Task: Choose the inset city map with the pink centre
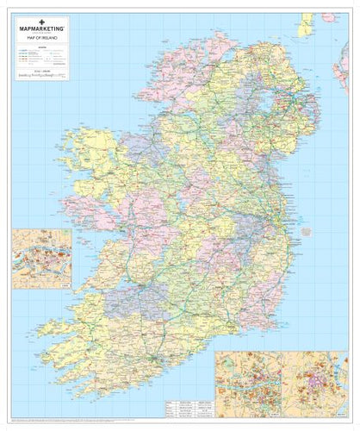point(315,378)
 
